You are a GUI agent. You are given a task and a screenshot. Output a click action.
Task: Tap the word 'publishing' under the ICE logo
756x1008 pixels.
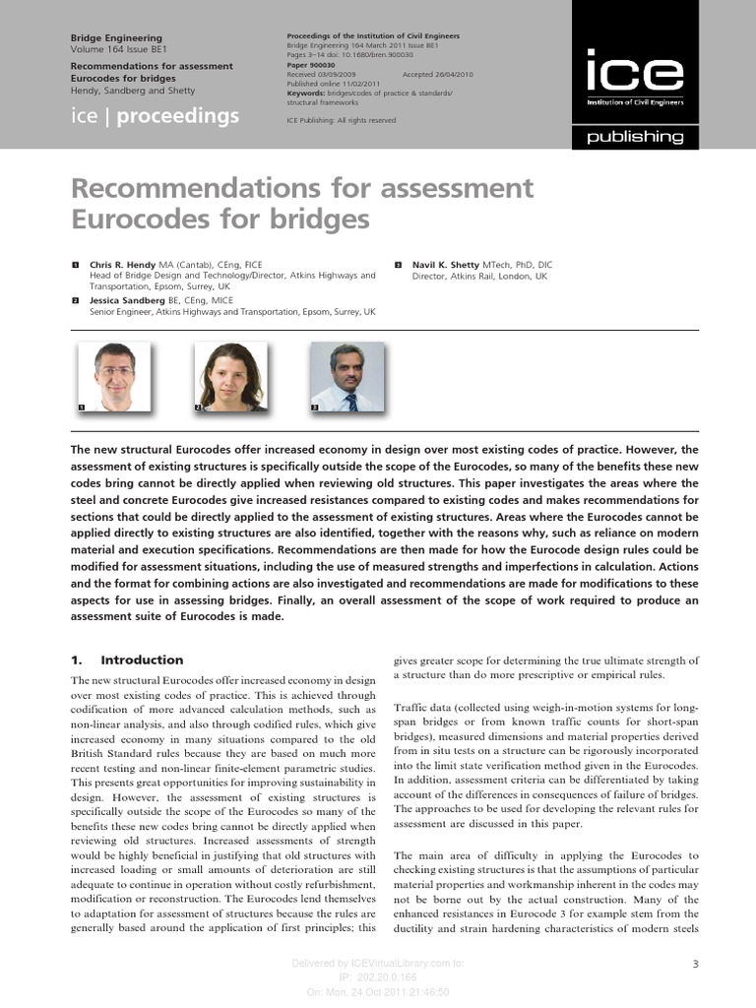point(635,138)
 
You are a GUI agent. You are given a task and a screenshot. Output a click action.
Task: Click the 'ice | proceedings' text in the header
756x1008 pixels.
point(156,116)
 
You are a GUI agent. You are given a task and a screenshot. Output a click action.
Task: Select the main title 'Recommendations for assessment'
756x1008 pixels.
point(301,188)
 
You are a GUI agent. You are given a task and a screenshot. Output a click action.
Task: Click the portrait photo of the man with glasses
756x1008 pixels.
point(114,376)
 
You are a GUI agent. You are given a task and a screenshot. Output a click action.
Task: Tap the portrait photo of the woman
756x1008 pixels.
point(230,376)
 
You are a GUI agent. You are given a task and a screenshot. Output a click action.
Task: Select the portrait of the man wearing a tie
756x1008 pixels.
point(346,376)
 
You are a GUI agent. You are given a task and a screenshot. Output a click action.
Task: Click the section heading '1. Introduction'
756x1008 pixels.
point(127,660)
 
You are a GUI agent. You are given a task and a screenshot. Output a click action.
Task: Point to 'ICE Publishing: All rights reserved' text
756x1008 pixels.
point(341,120)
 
